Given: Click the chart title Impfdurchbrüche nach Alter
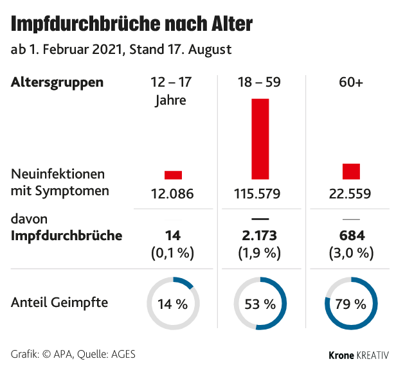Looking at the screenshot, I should click(132, 24).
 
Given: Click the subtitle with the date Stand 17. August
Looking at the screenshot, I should click(122, 49).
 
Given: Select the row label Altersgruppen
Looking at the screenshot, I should click(57, 83).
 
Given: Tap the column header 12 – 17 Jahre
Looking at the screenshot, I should click(170, 91).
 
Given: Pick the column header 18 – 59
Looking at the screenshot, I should click(260, 83).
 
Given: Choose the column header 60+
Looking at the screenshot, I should click(350, 83).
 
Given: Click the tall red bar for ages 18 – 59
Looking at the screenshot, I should click(260, 138).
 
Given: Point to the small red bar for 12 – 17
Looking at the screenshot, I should click(173, 175).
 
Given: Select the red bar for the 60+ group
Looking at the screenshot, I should click(351, 171).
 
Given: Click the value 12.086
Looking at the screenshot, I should click(172, 193).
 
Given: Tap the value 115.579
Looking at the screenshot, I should click(260, 193).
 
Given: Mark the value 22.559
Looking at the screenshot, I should click(350, 193).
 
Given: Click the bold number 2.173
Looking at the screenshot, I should click(260, 236).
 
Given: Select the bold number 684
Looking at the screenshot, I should click(351, 236).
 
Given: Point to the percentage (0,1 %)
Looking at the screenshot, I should click(172, 252).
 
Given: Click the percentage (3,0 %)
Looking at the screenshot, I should click(351, 252).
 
